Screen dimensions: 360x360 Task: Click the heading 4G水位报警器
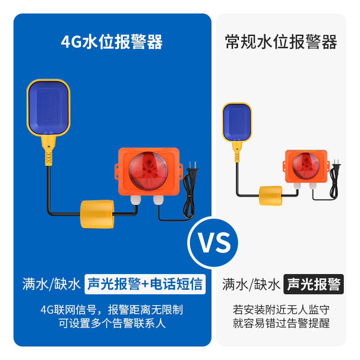112,42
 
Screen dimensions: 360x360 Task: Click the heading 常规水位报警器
281,42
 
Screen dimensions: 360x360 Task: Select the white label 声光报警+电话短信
145,284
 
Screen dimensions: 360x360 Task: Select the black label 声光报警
314,284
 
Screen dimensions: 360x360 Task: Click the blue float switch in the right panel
237,121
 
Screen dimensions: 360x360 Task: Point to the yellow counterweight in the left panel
97,215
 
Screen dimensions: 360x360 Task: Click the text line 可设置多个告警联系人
112,323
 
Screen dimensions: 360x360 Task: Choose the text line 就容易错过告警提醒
281,323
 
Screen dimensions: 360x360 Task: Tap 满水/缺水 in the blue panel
51,284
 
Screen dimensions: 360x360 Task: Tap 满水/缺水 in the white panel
251,284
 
